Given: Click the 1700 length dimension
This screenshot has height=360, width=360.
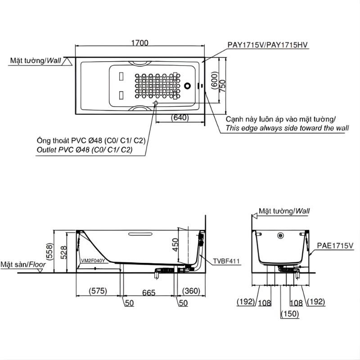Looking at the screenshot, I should pos(140,43).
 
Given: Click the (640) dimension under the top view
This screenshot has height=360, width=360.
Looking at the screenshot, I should pos(180,117).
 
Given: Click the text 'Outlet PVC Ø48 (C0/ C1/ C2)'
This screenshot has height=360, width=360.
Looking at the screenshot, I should pos(84,150).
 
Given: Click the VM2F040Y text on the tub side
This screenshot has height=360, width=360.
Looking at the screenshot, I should pos(93,260).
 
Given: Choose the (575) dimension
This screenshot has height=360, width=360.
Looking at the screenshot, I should pos(98,291).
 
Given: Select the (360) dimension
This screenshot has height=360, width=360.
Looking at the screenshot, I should pos(191,291).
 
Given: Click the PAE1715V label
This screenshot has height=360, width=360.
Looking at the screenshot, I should pos(335,245).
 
